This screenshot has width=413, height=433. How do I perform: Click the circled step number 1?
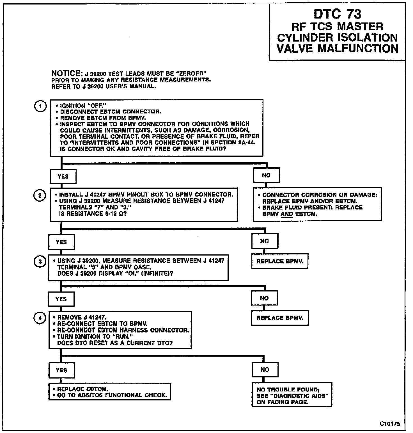coord(40,106)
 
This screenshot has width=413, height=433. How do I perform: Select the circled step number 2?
coord(40,195)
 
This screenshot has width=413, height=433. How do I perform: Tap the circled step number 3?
coord(40,262)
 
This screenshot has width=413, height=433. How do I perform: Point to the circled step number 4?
coord(40,318)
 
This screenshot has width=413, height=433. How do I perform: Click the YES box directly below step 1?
coord(63,176)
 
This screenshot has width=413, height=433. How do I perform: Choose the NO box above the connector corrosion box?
coord(266,175)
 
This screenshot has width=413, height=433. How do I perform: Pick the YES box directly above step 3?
coord(61,242)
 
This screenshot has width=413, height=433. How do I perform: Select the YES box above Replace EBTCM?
coord(61,370)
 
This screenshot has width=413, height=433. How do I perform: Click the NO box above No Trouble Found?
coord(265,370)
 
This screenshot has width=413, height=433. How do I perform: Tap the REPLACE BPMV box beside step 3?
coord(280,261)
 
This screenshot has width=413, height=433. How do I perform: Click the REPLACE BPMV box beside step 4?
coord(280,318)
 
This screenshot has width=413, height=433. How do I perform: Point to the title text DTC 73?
coord(337,14)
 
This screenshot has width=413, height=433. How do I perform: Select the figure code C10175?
coord(390,424)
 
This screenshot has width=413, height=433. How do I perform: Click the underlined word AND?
coord(286,214)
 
